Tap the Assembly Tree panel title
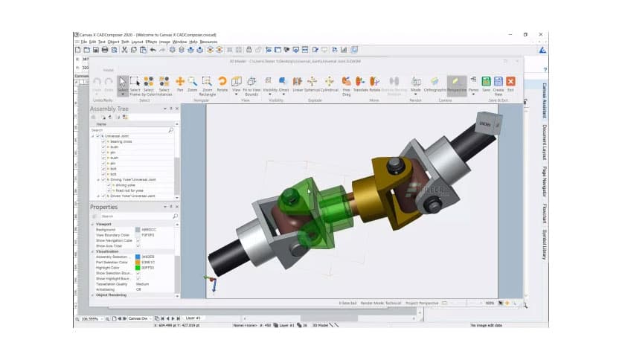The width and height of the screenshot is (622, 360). (109, 109)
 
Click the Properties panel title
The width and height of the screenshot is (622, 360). (104, 207)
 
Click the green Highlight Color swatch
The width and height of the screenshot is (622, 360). (138, 267)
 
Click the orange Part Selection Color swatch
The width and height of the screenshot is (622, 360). (138, 262)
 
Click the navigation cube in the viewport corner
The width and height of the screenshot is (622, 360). (486, 122)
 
